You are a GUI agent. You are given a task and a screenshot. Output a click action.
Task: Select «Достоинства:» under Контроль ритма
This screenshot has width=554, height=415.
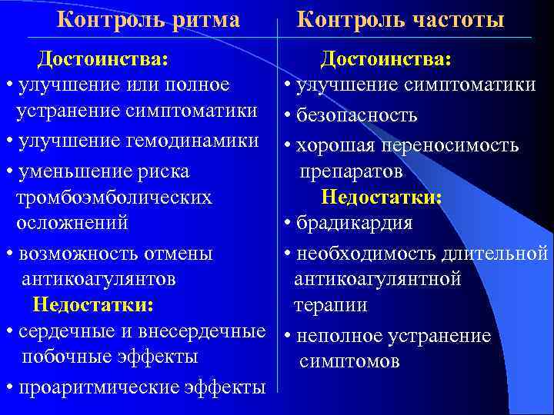tap(104, 58)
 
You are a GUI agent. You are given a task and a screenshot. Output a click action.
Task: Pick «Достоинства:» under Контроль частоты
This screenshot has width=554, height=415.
tap(386, 58)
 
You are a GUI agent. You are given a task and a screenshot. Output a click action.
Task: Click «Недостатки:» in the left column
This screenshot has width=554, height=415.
tap(93, 305)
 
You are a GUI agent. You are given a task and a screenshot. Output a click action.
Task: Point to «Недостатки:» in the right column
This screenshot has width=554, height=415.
tap(382, 198)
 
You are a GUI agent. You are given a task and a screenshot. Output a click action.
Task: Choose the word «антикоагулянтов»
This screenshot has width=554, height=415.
tap(99, 278)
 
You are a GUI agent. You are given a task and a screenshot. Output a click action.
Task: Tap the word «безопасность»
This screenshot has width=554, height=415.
tap(356, 116)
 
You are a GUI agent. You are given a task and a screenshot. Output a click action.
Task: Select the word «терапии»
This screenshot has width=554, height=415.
tap(330, 305)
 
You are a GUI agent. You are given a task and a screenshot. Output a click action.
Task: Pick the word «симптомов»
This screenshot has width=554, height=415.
tap(349, 360)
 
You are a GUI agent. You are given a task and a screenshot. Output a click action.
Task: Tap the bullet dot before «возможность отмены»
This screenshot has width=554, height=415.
tap(8, 253)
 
